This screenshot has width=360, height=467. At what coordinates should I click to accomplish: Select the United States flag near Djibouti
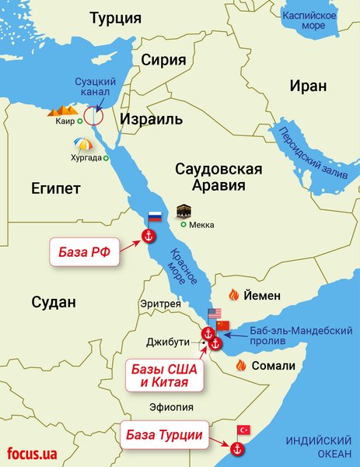point(214,315)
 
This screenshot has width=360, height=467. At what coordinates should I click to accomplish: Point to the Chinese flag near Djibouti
point(224,325)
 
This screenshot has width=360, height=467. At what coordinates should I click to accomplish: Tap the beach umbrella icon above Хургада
point(82,145)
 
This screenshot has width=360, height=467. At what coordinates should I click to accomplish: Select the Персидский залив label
point(306,147)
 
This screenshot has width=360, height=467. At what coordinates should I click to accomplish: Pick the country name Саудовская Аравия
point(219,178)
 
